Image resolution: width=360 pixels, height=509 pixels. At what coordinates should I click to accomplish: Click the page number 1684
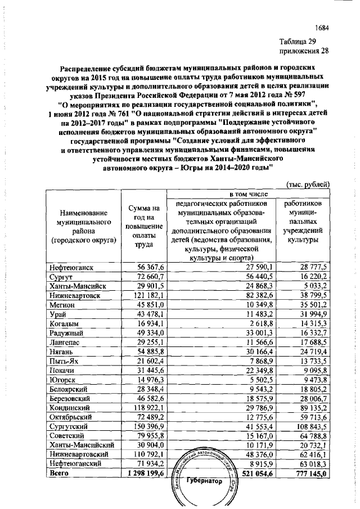pyautogui.click(x=321, y=27)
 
